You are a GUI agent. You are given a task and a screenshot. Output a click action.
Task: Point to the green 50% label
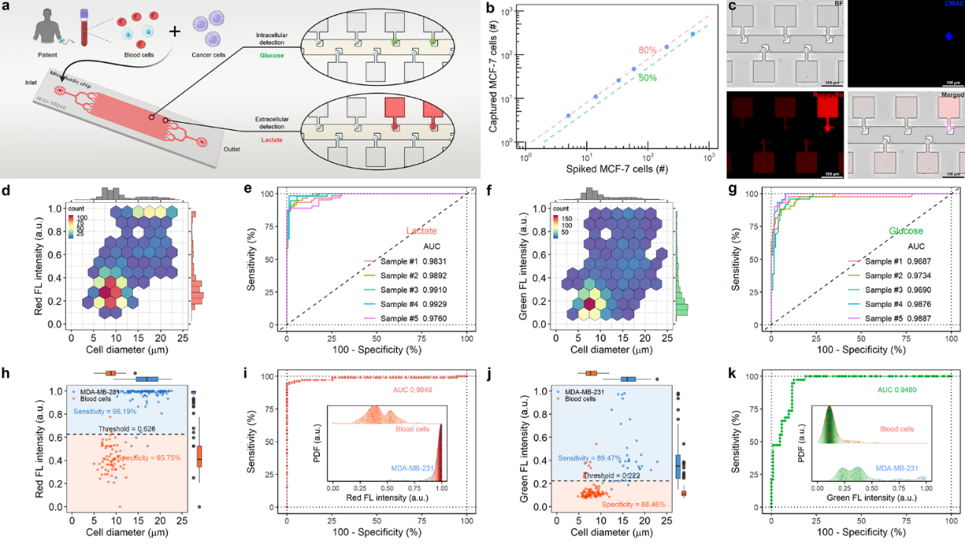pyautogui.click(x=647, y=77)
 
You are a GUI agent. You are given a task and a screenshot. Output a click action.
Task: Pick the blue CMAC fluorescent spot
pyautogui.click(x=902, y=36)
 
